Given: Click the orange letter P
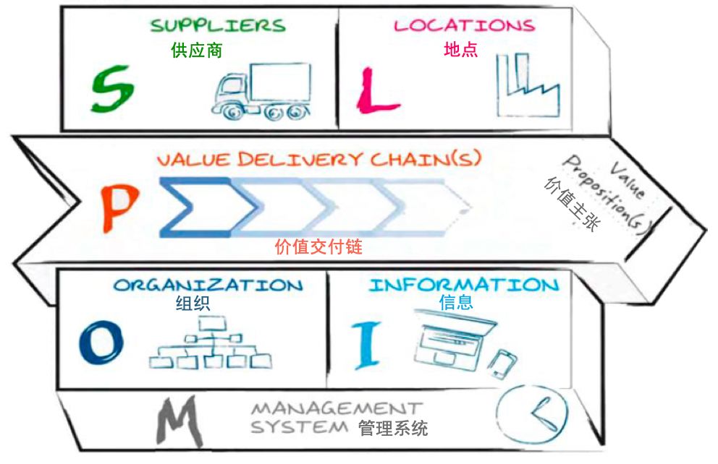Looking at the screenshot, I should pos(119,206).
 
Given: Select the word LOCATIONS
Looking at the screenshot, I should pos(464,26).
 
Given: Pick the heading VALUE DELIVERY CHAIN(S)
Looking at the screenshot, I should pos(318,159).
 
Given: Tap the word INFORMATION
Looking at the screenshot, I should pos(464,285).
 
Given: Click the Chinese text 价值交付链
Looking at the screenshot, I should pos(318,247).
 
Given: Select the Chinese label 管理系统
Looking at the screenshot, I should pos(393,428).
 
